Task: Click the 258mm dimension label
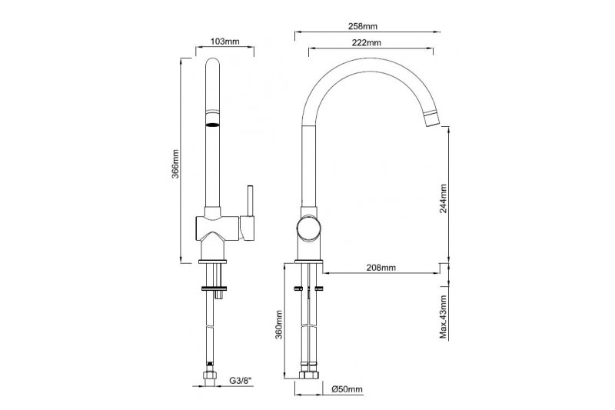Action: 362,26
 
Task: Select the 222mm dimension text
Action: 366,43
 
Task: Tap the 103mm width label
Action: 224,42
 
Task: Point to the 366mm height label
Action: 175,164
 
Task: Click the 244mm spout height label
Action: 444,198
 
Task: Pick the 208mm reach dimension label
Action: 381,268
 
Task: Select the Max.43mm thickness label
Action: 444,318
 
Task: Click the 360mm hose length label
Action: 278,325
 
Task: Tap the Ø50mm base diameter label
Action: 347,389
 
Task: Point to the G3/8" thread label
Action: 240,380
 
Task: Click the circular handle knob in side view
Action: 309,229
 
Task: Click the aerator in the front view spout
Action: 212,125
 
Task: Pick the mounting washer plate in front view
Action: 214,288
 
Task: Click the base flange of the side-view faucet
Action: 309,262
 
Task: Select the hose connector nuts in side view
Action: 309,373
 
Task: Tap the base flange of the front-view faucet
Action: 213,262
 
